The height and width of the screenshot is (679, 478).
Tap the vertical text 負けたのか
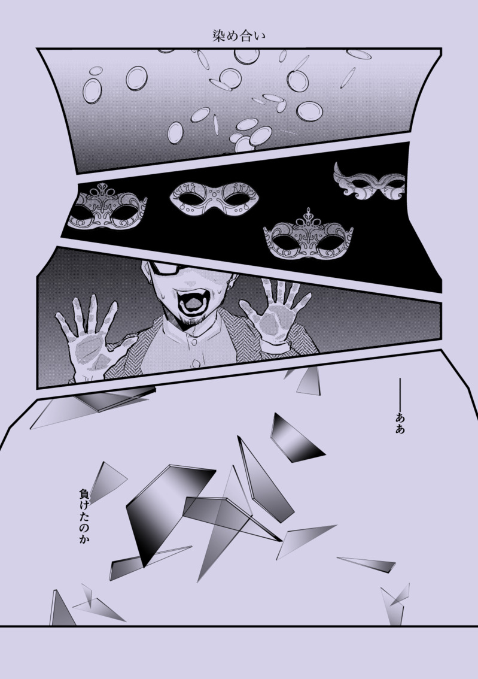click(84, 516)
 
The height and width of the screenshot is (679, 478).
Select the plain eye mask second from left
click(215, 199)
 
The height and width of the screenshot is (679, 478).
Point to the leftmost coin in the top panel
click(92, 90)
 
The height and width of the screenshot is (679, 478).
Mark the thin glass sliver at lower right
click(366, 563)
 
